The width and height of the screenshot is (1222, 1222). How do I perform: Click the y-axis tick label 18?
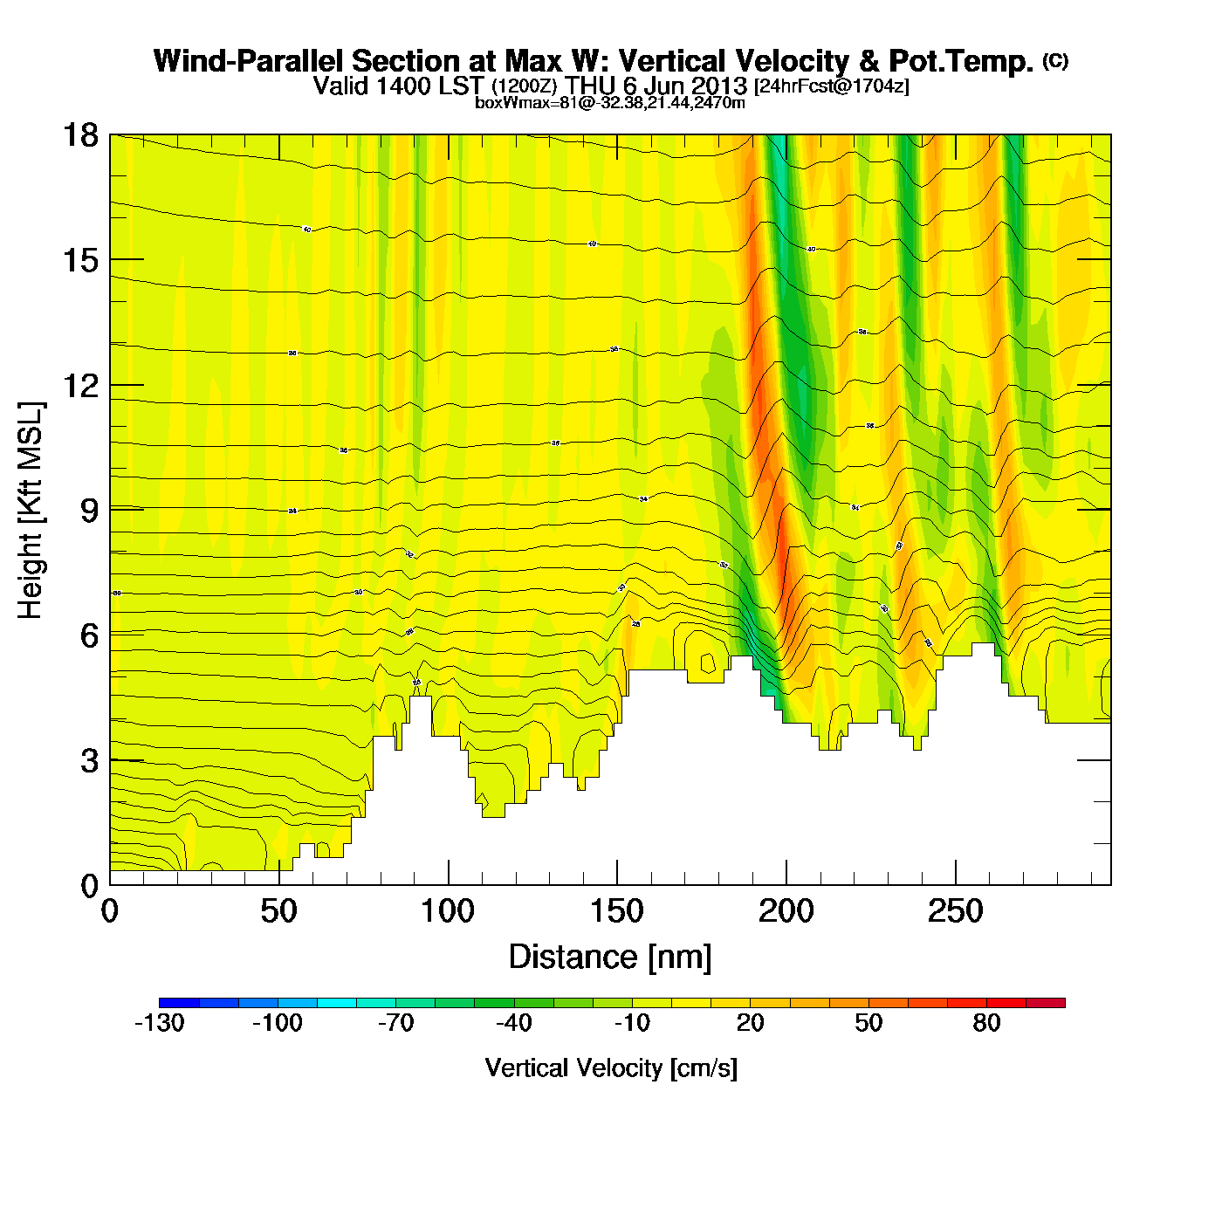click(79, 135)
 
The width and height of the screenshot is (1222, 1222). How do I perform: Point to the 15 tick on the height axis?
click(79, 260)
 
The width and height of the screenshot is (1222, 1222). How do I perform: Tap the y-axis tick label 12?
click(79, 385)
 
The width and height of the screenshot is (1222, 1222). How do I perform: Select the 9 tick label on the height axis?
click(89, 511)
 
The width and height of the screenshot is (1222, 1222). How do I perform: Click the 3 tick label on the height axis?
click(89, 760)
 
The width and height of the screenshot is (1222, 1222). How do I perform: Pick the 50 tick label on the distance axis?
click(278, 912)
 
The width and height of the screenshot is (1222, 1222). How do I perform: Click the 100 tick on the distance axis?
click(448, 912)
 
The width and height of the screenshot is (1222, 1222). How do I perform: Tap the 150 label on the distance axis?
click(617, 912)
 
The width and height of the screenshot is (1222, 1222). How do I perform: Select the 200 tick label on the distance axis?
click(786, 912)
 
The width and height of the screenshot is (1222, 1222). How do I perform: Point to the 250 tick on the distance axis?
click(956, 912)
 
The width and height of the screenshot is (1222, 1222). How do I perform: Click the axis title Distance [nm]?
click(610, 958)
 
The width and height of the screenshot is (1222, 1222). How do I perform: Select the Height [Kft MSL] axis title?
click(31, 511)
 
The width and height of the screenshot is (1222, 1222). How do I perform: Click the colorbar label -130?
click(160, 1023)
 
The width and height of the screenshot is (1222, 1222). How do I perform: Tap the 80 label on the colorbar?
click(986, 1023)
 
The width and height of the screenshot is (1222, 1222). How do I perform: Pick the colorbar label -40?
click(513, 1023)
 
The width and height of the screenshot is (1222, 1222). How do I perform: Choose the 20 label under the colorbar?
click(750, 1023)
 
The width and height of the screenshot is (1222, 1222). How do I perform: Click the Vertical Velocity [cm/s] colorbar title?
click(611, 1068)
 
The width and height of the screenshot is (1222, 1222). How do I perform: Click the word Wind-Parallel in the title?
click(248, 61)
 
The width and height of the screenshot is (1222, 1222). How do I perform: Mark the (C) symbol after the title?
click(1055, 60)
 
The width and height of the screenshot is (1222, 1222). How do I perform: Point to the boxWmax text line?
click(609, 103)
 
